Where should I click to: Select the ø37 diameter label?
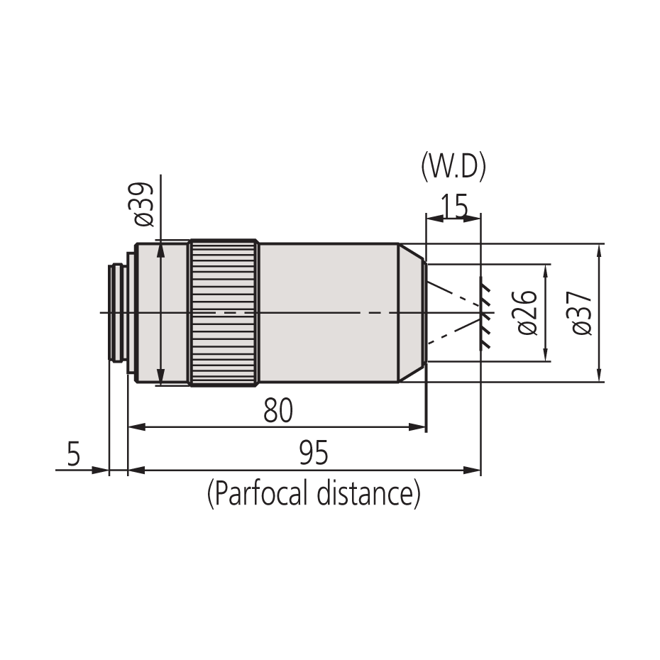[x=582, y=313]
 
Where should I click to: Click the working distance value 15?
[x=453, y=207]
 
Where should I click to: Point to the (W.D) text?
[x=453, y=168]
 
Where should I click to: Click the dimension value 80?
[x=277, y=411]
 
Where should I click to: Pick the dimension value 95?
[x=313, y=453]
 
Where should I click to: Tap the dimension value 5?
[x=74, y=454]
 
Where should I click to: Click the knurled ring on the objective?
[x=223, y=313]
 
